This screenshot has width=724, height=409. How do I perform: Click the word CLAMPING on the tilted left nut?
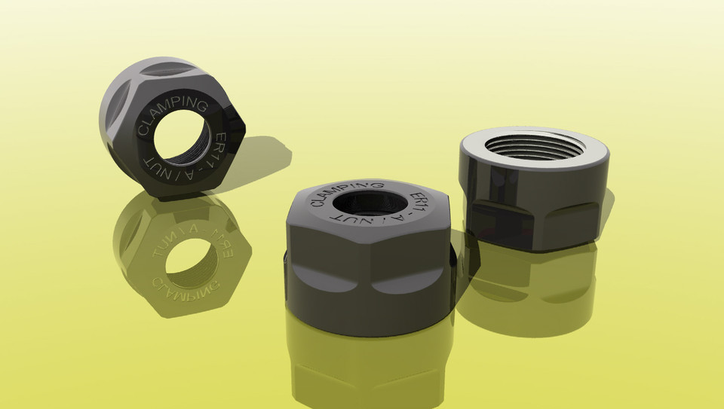click(x=173, y=112)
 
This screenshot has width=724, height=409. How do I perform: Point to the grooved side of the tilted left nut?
click(x=124, y=113)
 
